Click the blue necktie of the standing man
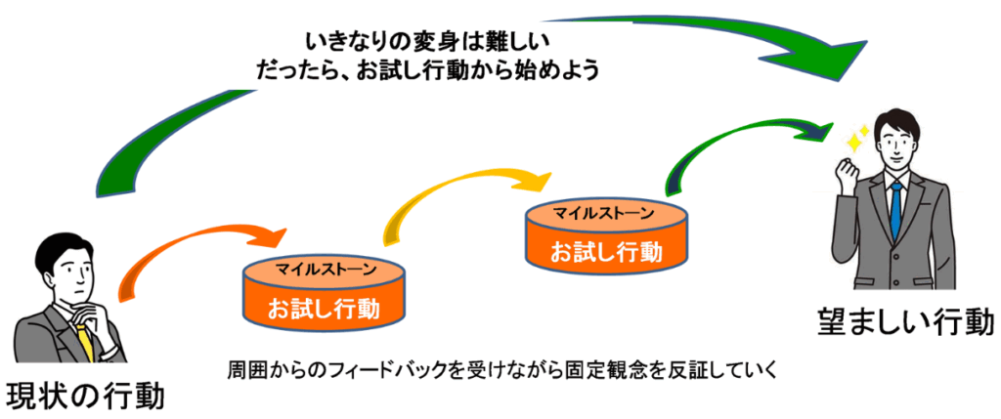coord(896,208)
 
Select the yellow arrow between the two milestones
coord(459,191)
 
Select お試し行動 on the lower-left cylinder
coord(324,308)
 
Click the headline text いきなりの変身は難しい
coord(427,42)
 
